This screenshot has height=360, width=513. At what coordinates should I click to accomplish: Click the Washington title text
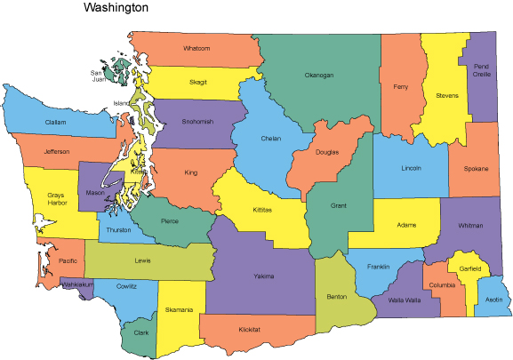(116, 8)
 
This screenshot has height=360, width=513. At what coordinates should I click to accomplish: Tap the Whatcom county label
(196, 48)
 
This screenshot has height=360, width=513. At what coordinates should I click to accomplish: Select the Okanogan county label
(318, 75)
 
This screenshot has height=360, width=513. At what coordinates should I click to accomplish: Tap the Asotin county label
(494, 300)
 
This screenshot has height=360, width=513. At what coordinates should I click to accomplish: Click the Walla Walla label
(405, 300)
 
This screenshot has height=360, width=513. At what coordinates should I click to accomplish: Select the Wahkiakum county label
(76, 284)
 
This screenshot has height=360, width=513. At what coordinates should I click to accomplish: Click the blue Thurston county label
(118, 229)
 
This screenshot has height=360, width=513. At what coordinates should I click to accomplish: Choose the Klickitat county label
(250, 330)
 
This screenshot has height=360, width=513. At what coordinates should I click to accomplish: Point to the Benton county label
(337, 296)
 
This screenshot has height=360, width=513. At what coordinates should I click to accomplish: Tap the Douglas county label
(326, 152)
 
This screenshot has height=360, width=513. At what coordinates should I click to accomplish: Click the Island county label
(121, 103)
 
